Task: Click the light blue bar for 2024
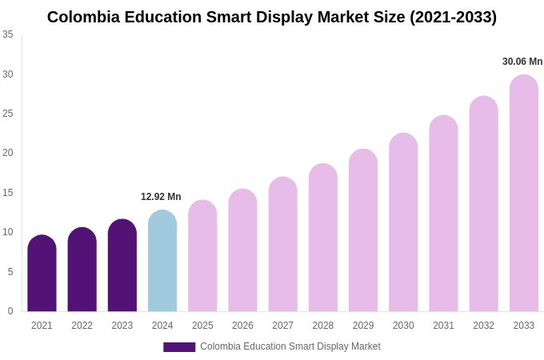pyautogui.click(x=162, y=262)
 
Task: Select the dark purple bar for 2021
pyautogui.click(x=42, y=274)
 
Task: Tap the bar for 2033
pyautogui.click(x=523, y=194)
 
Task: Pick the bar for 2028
pyautogui.click(x=323, y=238)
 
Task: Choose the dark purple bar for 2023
pyautogui.click(x=122, y=266)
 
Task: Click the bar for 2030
pyautogui.click(x=403, y=222)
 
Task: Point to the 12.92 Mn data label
pyautogui.click(x=161, y=197)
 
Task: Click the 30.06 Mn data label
pyautogui.click(x=522, y=62)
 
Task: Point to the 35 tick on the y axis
pyautogui.click(x=8, y=34)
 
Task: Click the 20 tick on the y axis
pyautogui.click(x=8, y=153)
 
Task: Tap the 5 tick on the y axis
pyautogui.click(x=10, y=272)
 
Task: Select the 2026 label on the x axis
pyautogui.click(x=242, y=326)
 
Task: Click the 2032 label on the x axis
pyautogui.click(x=483, y=326)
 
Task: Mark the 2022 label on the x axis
pyautogui.click(x=82, y=326)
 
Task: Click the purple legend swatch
pyautogui.click(x=179, y=347)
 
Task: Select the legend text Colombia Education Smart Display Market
pyautogui.click(x=290, y=346)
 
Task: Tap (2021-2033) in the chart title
pyautogui.click(x=453, y=17)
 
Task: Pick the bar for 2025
pyautogui.click(x=202, y=256)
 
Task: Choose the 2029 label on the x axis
pyautogui.click(x=363, y=326)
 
